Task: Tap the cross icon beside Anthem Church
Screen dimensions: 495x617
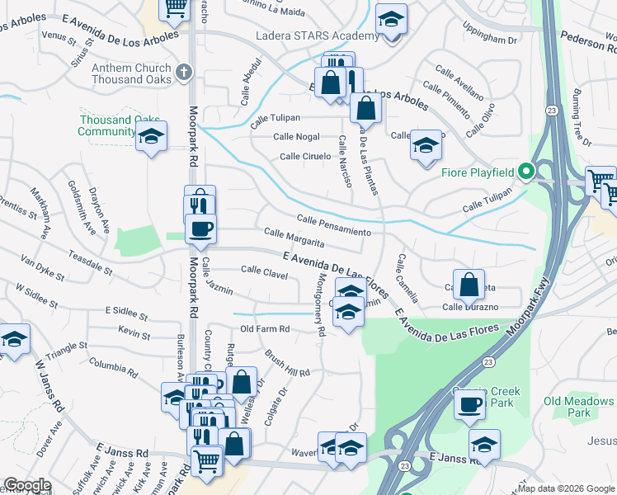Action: click(184, 73)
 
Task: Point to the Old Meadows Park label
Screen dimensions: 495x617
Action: click(579, 406)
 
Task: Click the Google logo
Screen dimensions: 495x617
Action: click(27, 485)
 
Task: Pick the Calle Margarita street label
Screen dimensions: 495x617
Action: click(294, 238)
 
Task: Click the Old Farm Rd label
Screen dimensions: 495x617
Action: click(264, 329)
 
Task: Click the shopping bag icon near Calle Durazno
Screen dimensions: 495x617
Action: click(469, 285)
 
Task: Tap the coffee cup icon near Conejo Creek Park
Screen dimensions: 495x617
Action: click(469, 404)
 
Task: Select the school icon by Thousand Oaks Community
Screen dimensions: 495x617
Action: click(151, 137)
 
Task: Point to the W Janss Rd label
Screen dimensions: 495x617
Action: click(49, 384)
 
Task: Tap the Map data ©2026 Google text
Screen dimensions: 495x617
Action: click(566, 488)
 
